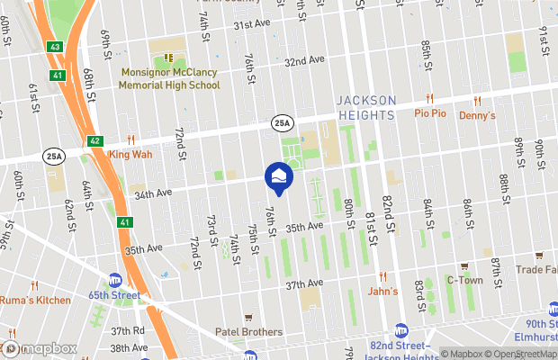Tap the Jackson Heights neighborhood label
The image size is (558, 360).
365,107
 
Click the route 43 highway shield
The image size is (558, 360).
55,45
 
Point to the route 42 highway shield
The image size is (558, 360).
95,141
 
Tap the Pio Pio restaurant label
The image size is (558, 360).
430,115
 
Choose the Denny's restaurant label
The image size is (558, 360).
478,115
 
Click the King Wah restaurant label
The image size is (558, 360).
130,154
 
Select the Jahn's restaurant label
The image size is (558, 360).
382,291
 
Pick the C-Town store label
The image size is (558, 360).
464,280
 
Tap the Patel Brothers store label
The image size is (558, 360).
248,332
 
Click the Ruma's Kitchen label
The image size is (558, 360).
34,301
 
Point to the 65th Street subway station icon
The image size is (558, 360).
114,280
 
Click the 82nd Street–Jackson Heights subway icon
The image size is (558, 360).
401,331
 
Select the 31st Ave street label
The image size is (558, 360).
252,24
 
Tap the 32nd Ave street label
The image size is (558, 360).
303,60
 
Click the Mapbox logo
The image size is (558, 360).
38,348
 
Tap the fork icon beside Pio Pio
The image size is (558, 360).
430,100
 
